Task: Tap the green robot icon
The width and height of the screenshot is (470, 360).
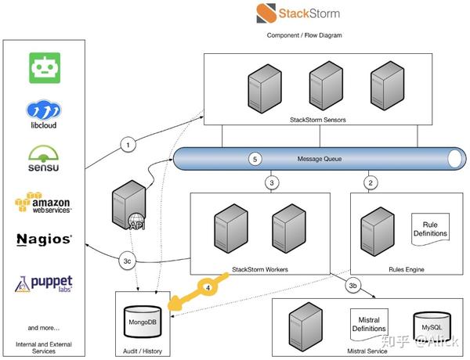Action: click(45, 68)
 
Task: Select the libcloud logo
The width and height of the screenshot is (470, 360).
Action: click(44, 113)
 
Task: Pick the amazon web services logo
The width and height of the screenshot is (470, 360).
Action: click(44, 203)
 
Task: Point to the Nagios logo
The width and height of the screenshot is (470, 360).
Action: click(44, 238)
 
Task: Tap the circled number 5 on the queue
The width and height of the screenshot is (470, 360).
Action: click(254, 159)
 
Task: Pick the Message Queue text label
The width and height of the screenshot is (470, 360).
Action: click(320, 159)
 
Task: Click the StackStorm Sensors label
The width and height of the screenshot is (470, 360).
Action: click(317, 119)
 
